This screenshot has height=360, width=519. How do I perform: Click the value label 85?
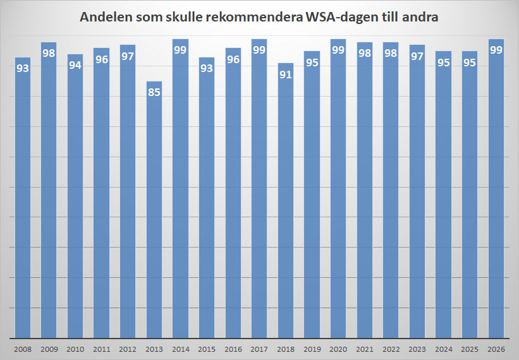coord(154,93)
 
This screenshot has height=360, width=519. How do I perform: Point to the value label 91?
coord(286,75)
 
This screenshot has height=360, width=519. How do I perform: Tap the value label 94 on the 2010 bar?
coord(75,66)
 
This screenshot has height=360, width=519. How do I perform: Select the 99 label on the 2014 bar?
coord(180,51)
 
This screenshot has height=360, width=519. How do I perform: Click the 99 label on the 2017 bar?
coord(259,51)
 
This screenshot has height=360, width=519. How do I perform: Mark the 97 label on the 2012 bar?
coord(128,56)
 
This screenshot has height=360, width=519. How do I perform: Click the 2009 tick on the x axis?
coord(49,348)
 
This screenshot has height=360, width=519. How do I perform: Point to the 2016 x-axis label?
coord(233,348)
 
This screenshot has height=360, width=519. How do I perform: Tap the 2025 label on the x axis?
coord(469,348)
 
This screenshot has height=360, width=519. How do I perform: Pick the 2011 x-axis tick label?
coord(102,348)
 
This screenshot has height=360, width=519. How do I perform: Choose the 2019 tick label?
coord(312,348)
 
